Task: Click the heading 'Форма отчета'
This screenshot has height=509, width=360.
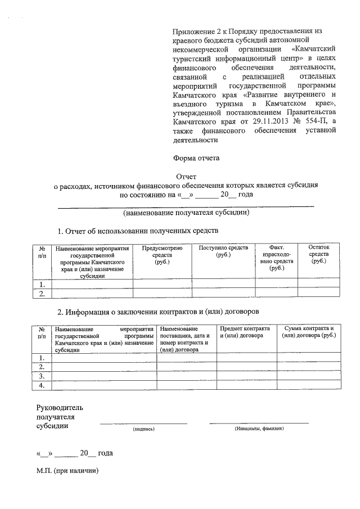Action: click(x=195, y=158)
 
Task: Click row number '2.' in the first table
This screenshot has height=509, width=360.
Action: click(x=42, y=293)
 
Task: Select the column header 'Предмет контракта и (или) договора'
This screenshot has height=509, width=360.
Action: click(x=245, y=332)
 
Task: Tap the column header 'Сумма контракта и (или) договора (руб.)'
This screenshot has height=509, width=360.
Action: click(x=309, y=332)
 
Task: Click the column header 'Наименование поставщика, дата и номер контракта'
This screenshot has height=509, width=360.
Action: click(x=186, y=339)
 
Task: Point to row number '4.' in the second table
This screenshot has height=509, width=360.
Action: click(x=42, y=385)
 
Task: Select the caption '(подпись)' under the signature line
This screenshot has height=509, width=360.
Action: click(x=143, y=429)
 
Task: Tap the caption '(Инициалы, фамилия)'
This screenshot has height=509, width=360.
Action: click(x=259, y=429)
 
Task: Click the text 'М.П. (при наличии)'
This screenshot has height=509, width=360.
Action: click(x=67, y=471)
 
